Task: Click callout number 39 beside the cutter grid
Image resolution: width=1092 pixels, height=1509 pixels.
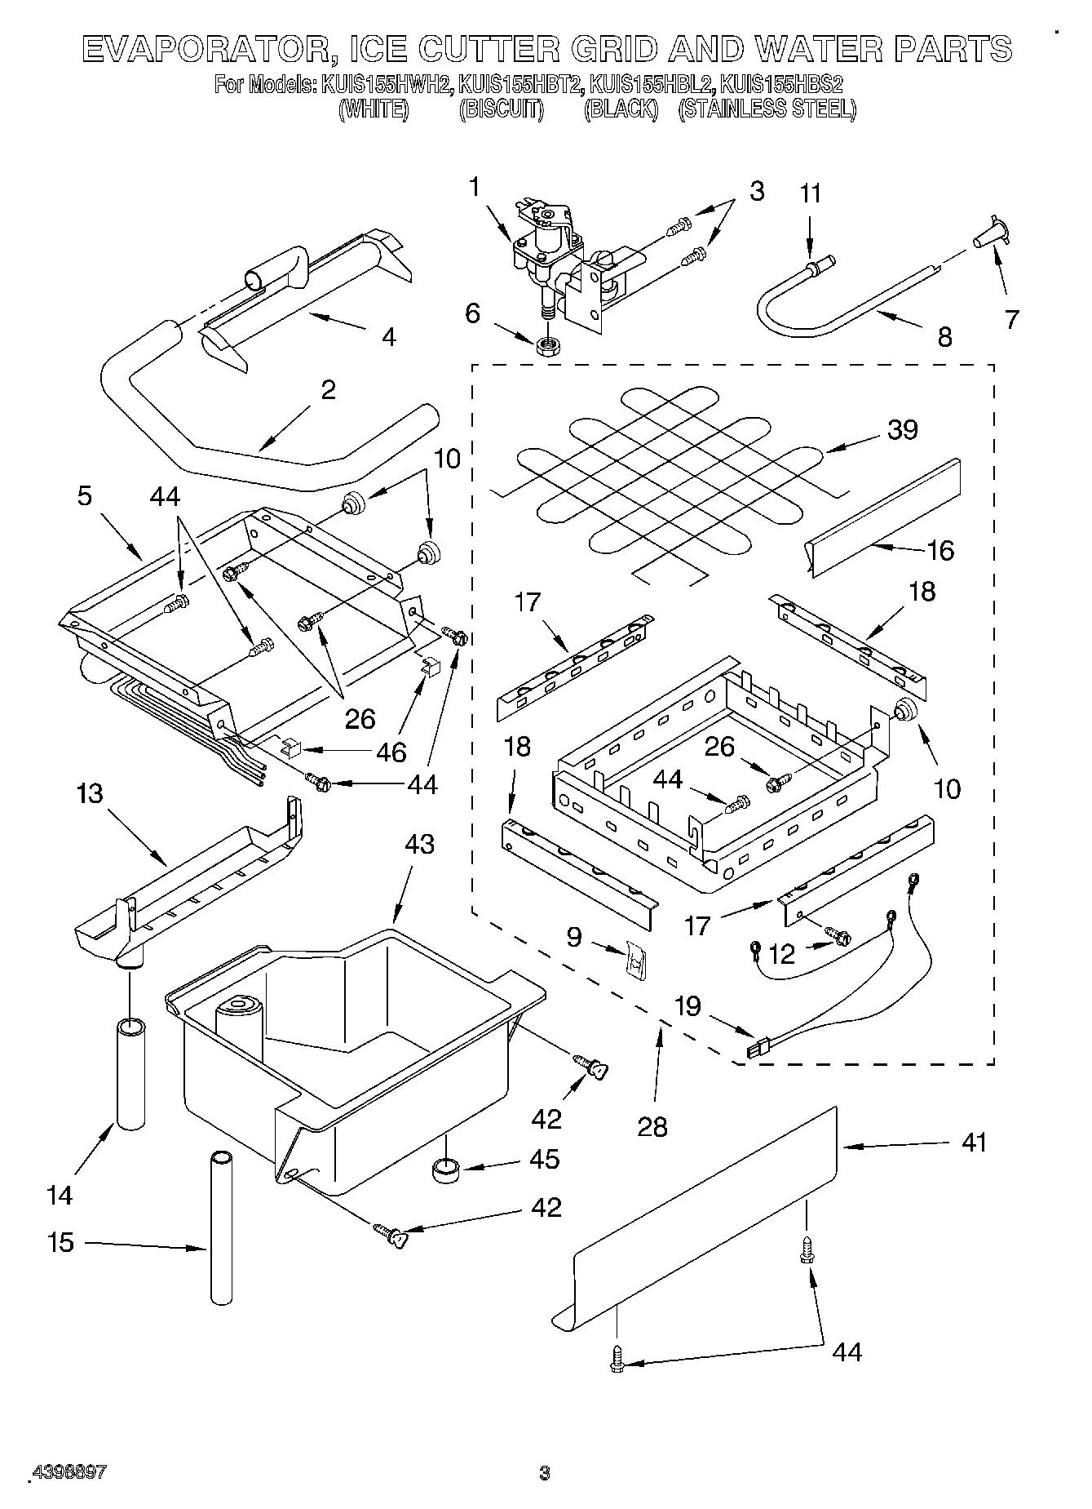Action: click(x=902, y=429)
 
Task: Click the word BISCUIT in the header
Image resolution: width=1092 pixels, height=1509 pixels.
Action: click(x=501, y=109)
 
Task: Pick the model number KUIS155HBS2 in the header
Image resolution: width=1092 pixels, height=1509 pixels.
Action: click(x=781, y=85)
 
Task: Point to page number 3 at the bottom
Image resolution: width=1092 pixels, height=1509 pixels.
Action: click(x=545, y=1473)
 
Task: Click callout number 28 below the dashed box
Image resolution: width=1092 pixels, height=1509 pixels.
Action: click(x=652, y=1126)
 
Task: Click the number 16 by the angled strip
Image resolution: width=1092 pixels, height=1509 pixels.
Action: click(x=939, y=550)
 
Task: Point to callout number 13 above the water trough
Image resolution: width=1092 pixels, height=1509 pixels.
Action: click(x=89, y=792)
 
